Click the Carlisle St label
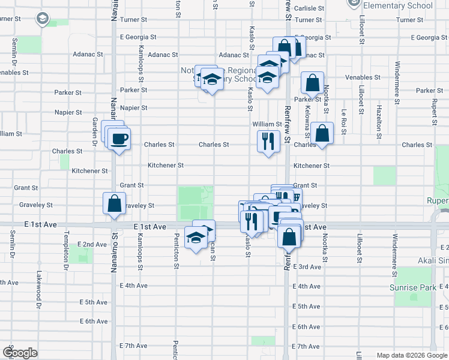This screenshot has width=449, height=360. [309, 8]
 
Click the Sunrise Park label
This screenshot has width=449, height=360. [412, 288]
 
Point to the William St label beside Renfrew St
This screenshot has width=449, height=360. [267, 124]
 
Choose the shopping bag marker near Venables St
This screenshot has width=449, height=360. [312, 83]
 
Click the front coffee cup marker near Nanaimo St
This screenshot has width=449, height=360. [118, 140]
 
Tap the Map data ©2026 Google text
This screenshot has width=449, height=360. [411, 355]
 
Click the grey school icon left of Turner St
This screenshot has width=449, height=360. [43, 19]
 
